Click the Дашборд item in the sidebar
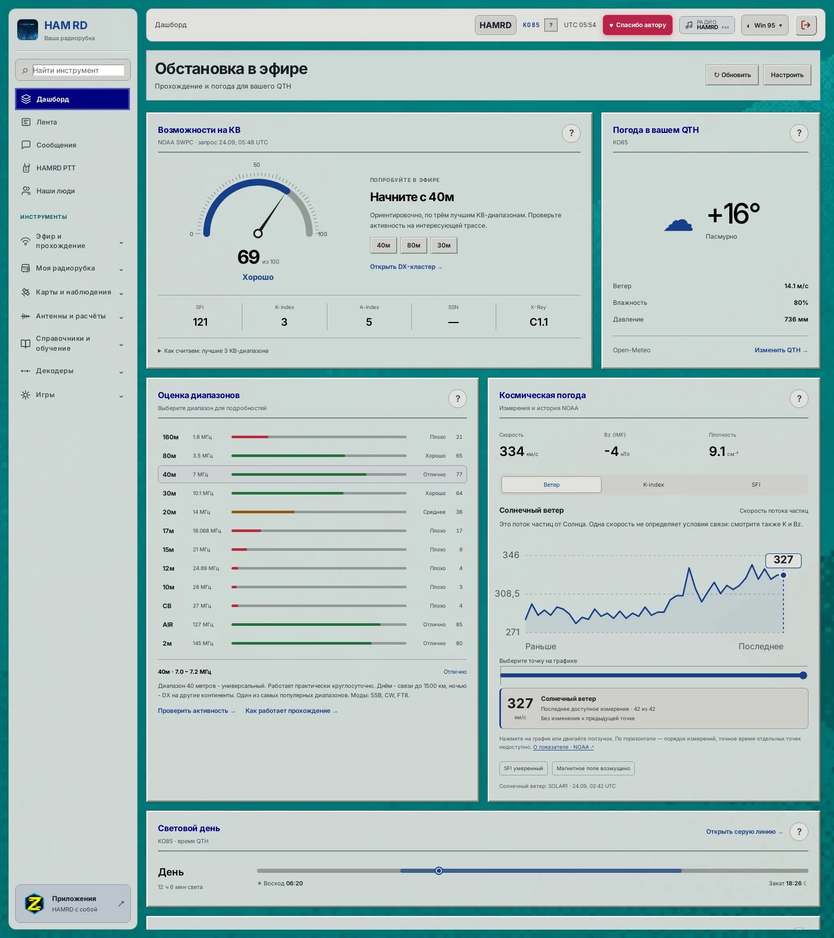(x=72, y=99)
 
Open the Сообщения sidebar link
(x=56, y=145)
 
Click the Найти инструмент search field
(x=78, y=70)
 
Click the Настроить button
(x=787, y=75)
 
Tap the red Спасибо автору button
(x=637, y=25)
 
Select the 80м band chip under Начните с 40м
(x=414, y=245)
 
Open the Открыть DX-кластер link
(x=406, y=267)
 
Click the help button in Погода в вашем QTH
(x=799, y=133)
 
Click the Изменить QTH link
(x=781, y=350)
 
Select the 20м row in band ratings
(x=312, y=512)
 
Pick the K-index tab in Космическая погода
(x=653, y=485)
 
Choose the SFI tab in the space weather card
(x=756, y=485)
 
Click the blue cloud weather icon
(x=679, y=225)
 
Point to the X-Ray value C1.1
(x=538, y=322)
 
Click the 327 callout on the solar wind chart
(x=783, y=560)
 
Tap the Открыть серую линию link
(x=744, y=832)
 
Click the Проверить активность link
(x=197, y=711)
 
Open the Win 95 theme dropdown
(x=765, y=25)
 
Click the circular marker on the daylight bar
(x=439, y=871)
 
